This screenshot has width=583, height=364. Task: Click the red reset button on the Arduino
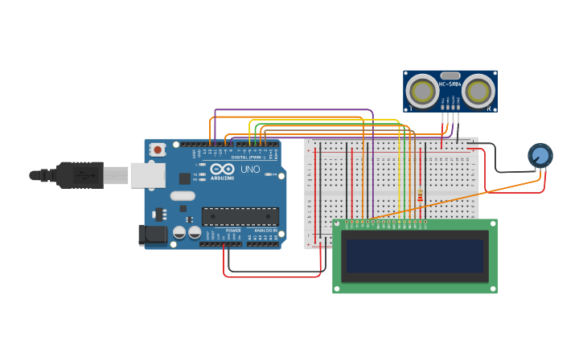[158, 149]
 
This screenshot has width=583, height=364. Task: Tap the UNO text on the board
[251, 170]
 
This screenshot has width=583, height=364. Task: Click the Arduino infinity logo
[222, 170]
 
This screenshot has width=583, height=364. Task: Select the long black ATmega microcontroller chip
[240, 216]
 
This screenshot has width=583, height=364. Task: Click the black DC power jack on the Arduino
[152, 235]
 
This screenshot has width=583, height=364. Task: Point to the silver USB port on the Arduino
[148, 175]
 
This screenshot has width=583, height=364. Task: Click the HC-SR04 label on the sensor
[450, 84]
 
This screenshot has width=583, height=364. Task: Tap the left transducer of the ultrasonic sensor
[421, 91]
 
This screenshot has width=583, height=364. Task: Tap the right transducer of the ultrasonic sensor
[478, 91]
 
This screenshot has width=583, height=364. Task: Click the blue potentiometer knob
[540, 155]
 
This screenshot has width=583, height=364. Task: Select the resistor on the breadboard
[420, 195]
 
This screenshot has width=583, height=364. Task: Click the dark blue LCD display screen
[415, 256]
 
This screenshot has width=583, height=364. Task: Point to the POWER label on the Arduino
[233, 231]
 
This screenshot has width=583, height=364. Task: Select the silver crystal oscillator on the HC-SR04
[450, 76]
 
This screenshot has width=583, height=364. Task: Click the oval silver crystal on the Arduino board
[183, 195]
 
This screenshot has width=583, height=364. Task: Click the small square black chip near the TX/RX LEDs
[184, 178]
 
